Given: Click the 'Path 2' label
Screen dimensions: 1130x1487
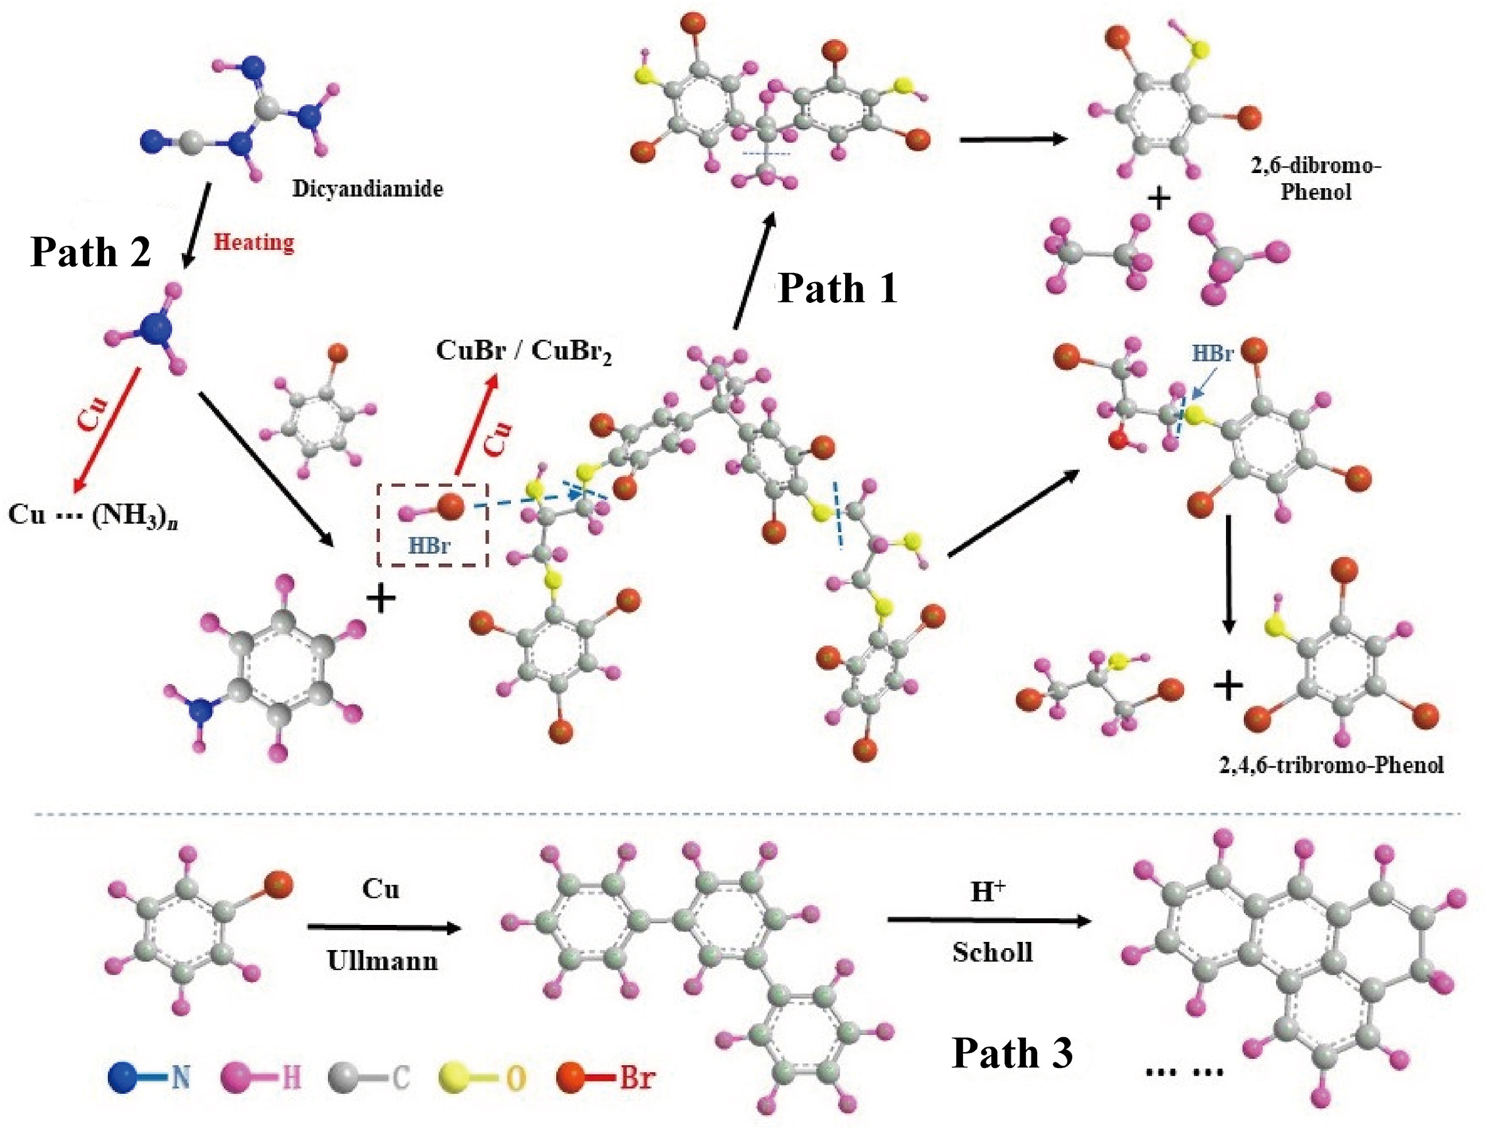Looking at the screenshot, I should (91, 252).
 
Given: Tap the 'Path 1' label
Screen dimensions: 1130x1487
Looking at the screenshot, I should (837, 289).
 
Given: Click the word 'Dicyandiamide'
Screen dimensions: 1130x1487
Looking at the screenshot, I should (368, 188).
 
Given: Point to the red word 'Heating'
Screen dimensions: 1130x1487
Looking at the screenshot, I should (253, 242).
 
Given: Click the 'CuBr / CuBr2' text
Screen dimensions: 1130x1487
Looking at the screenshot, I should (523, 351).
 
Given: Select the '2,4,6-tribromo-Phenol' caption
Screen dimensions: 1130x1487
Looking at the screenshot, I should (1331, 766).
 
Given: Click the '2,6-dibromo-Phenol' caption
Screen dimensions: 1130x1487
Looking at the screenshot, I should (1316, 179).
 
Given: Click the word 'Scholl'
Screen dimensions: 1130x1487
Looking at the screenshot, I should (992, 953).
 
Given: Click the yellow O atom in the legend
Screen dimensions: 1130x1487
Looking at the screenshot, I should (454, 1077).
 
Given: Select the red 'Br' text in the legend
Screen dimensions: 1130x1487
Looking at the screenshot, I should (636, 1077).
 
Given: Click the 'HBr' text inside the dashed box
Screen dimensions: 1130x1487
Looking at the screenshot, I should (429, 546).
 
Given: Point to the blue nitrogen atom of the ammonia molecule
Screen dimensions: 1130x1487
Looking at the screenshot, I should (156, 330).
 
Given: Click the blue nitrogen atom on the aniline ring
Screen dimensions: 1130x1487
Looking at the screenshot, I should (200, 710).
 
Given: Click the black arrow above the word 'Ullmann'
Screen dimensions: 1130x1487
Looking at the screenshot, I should (383, 928).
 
